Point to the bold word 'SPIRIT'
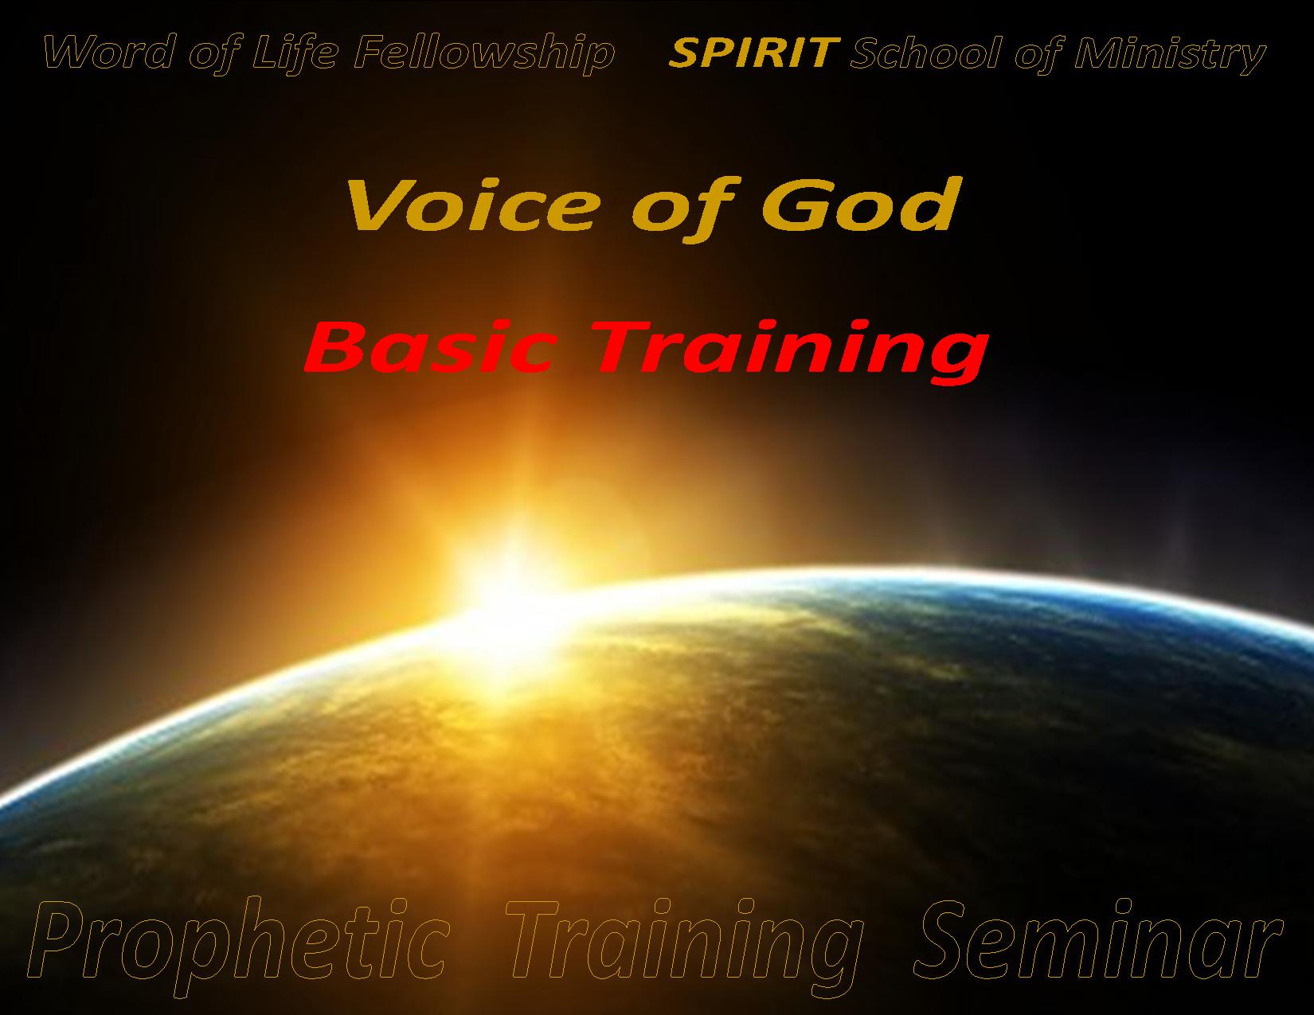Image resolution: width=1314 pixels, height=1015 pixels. point(754,53)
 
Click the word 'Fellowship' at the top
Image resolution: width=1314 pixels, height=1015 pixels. point(483,54)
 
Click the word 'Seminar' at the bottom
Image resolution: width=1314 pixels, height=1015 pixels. point(1097,940)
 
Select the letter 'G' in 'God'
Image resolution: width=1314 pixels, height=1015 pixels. point(792,205)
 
